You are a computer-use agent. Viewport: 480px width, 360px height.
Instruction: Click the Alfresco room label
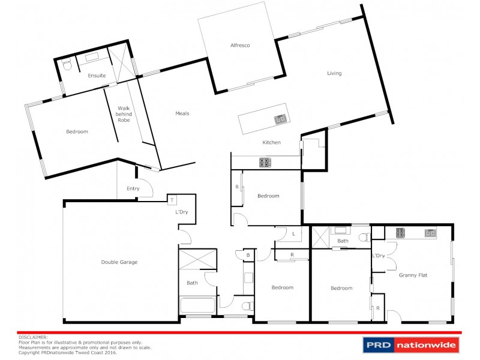pyautogui.click(x=239, y=45)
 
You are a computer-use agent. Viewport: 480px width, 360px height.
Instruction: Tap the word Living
pyautogui.click(x=334, y=73)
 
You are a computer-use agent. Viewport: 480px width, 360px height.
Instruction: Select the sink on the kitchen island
pyautogui.click(x=280, y=119)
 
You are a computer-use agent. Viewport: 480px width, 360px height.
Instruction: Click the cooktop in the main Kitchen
pyautogui.click(x=265, y=162)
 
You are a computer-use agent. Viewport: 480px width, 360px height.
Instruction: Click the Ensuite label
pyautogui.click(x=97, y=76)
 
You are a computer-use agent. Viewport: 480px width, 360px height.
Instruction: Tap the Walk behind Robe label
pyautogui.click(x=124, y=114)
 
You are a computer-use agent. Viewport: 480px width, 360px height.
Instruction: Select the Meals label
pyautogui.click(x=182, y=113)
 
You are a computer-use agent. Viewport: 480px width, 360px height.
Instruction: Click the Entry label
pyautogui.click(x=133, y=188)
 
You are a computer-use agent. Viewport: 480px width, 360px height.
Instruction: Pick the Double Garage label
pyautogui.click(x=119, y=262)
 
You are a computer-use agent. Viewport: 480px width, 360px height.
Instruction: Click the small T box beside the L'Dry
pyautogui.click(x=172, y=200)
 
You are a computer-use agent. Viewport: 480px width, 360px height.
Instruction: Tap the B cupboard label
pyautogui.click(x=247, y=254)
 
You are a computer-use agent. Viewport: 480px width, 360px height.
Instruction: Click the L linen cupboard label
pyautogui.click(x=295, y=234)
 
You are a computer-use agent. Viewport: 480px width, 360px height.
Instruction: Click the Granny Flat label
pyautogui.click(x=412, y=275)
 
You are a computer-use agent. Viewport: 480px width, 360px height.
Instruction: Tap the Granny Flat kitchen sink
pyautogui.click(x=430, y=233)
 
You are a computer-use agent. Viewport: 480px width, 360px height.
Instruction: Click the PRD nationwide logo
pyautogui.click(x=410, y=344)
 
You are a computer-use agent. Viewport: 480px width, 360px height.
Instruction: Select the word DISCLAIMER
pyautogui.click(x=33, y=338)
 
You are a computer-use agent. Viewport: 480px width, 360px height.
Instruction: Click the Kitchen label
pyautogui.click(x=272, y=142)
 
